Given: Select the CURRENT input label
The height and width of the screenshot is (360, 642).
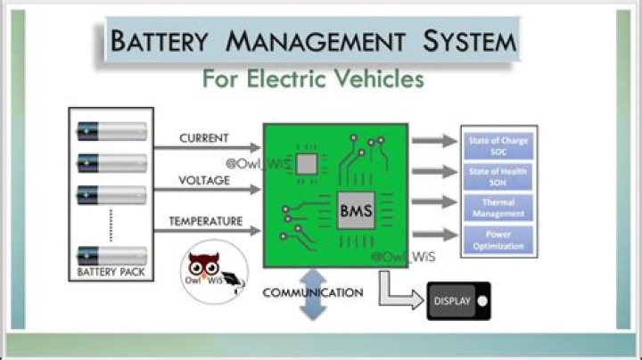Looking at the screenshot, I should [x=204, y=139].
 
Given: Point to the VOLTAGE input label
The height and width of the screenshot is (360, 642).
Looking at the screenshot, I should [x=204, y=180].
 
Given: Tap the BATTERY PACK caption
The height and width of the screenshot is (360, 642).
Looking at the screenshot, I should [x=111, y=271].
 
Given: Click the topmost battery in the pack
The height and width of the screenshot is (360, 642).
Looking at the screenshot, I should [x=111, y=132].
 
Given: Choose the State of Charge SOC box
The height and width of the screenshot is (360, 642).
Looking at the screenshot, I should [x=498, y=144].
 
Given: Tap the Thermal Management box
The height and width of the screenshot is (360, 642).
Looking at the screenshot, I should [x=498, y=209].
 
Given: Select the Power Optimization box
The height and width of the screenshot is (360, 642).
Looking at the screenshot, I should [x=498, y=241].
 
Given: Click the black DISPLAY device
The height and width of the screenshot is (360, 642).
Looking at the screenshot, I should [x=457, y=300].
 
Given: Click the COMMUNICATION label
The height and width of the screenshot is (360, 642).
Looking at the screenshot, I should [x=312, y=292].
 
